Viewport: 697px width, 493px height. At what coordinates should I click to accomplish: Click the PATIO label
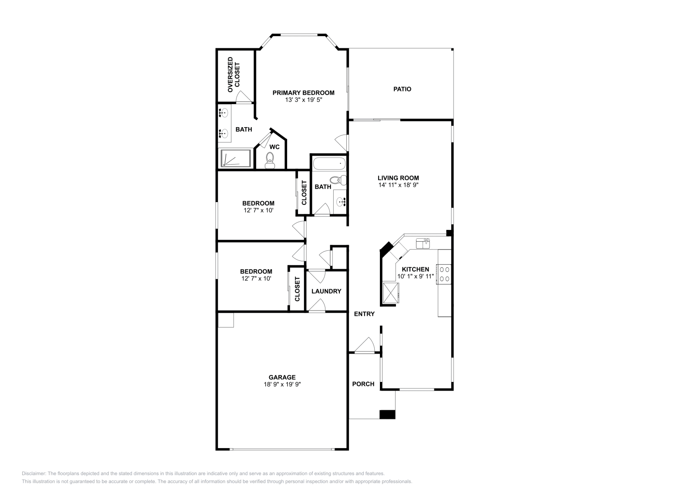(402, 89)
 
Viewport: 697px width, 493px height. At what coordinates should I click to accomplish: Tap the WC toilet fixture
(270, 161)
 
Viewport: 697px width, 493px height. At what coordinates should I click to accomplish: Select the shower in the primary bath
(236, 159)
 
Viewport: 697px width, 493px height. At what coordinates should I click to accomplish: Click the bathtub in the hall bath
(329, 164)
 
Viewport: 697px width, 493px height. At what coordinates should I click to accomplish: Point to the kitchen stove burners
(443, 274)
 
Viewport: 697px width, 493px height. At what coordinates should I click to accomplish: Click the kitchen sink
(423, 243)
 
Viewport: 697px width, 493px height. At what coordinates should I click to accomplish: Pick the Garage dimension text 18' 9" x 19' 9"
(282, 384)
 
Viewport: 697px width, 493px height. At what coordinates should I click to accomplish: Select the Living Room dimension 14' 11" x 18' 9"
(398, 185)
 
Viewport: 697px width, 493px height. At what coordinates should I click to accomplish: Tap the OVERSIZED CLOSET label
(233, 74)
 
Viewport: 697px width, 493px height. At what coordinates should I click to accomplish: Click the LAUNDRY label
(326, 291)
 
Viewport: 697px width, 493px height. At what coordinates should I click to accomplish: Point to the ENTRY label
(364, 314)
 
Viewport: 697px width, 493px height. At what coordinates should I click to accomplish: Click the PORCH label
(363, 384)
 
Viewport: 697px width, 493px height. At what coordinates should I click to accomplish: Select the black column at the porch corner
(387, 415)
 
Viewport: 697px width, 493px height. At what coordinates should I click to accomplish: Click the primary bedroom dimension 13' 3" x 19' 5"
(303, 100)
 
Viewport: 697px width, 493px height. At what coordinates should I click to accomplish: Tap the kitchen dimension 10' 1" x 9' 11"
(416, 276)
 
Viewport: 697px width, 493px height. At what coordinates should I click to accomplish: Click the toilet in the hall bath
(338, 180)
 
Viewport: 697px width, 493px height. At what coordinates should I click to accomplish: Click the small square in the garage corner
(226, 320)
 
